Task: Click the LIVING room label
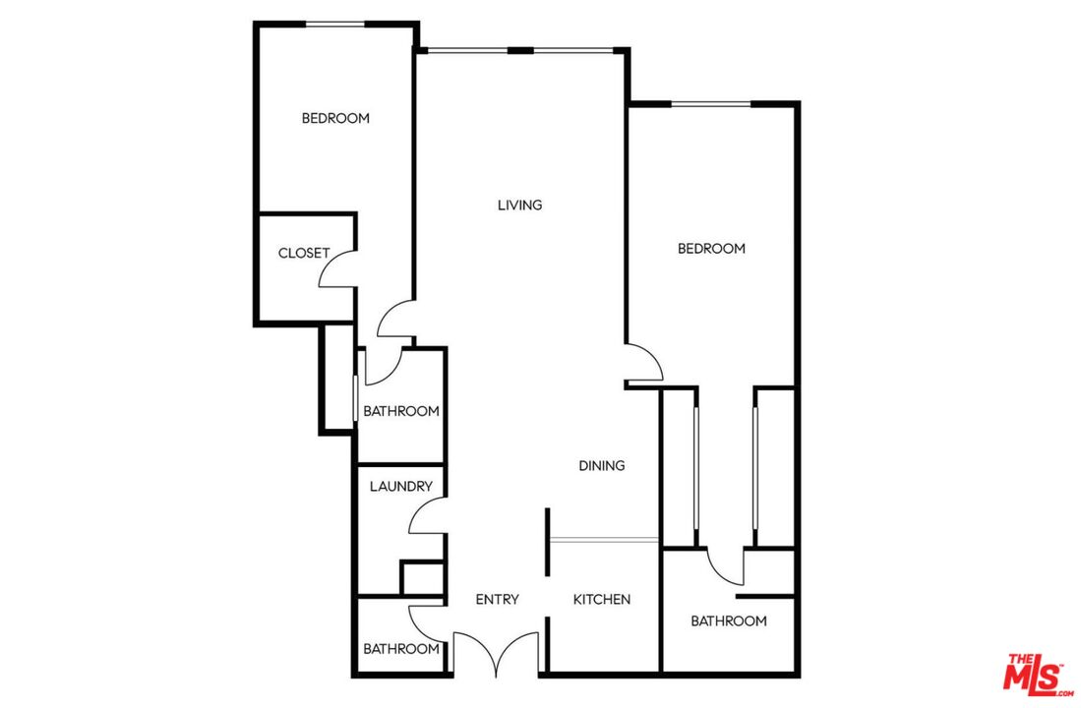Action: (519, 206)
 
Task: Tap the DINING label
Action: (601, 465)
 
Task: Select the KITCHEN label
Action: (602, 599)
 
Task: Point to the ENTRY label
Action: (497, 599)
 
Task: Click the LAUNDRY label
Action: (400, 486)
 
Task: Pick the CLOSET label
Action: (304, 253)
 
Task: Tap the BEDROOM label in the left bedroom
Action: (335, 118)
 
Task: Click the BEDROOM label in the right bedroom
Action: (711, 249)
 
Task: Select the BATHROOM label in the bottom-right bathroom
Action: (728, 620)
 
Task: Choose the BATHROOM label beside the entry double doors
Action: (400, 649)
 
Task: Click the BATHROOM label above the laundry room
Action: (400, 411)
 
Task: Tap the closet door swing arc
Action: (336, 267)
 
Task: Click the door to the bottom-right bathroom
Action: (725, 565)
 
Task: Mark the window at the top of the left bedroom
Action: (334, 25)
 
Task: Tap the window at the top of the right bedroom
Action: (710, 103)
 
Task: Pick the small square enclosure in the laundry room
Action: (423, 578)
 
